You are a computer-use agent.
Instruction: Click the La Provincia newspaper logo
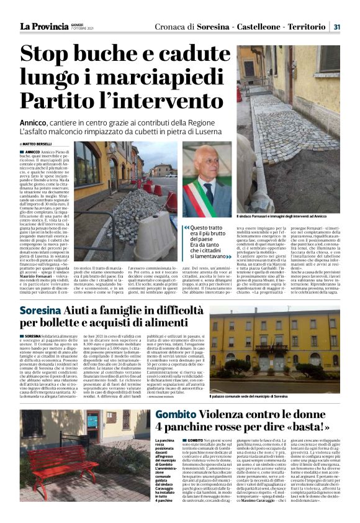[x=43, y=26]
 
